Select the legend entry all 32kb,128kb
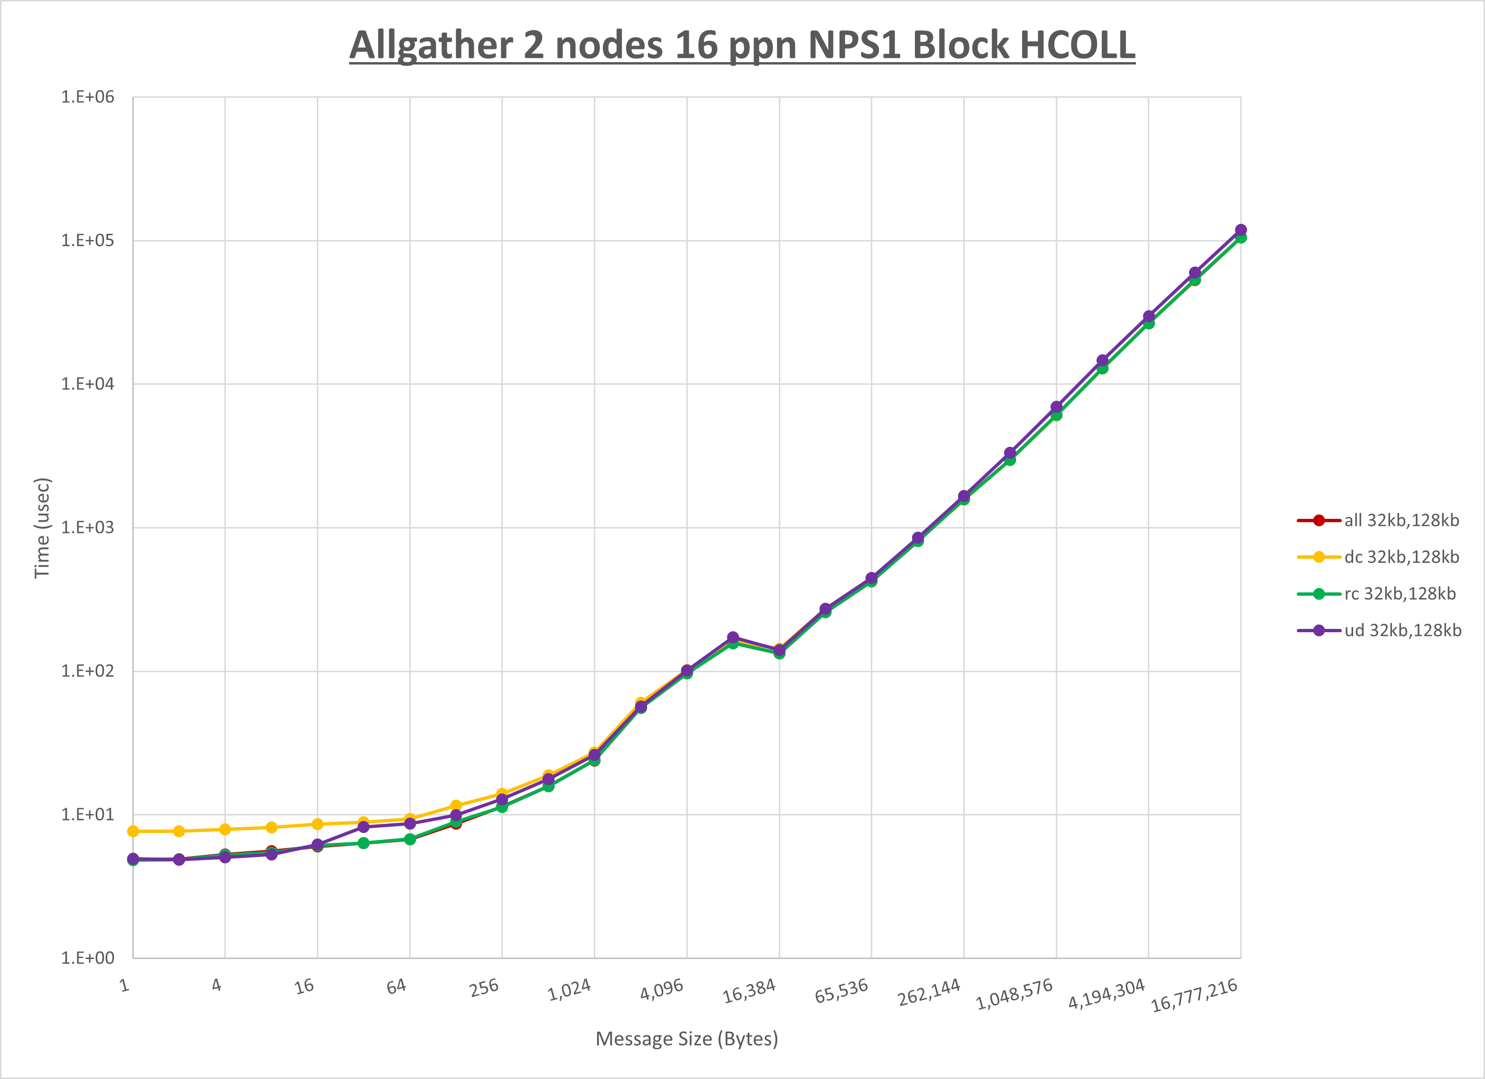tap(1401, 520)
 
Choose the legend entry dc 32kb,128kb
tap(1401, 557)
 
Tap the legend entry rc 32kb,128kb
tap(1400, 594)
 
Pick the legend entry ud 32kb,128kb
tap(1402, 630)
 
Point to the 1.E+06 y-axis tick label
tap(87, 97)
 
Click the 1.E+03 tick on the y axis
tap(87, 528)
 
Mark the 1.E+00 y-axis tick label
tap(87, 958)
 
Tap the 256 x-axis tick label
tap(485, 987)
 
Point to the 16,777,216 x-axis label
tap(1194, 995)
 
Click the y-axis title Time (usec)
tap(42, 528)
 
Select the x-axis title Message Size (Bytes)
tap(686, 1039)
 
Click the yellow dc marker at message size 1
tap(133, 831)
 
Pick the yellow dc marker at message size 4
tap(225, 830)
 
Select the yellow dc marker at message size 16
tap(318, 824)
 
